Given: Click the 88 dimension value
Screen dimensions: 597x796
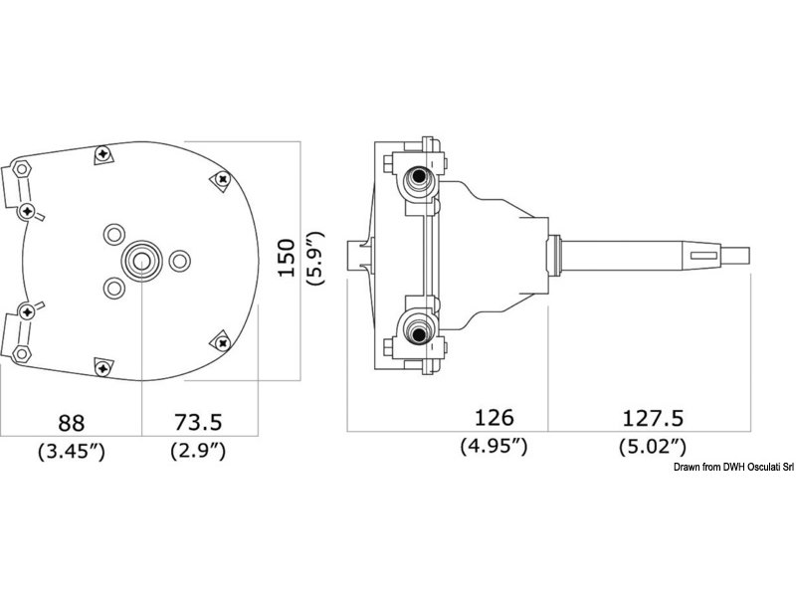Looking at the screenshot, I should point(71,419).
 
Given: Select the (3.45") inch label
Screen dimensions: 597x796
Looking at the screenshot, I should point(71,451).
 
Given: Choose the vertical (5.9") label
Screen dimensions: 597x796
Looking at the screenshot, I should point(316,260).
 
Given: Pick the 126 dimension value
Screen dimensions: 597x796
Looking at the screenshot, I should point(495,416).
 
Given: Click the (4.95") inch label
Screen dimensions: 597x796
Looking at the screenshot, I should point(495,447).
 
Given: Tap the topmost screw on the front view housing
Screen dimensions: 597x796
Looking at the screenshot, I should point(103,156).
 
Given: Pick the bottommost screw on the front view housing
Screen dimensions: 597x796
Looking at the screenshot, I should point(102,365).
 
